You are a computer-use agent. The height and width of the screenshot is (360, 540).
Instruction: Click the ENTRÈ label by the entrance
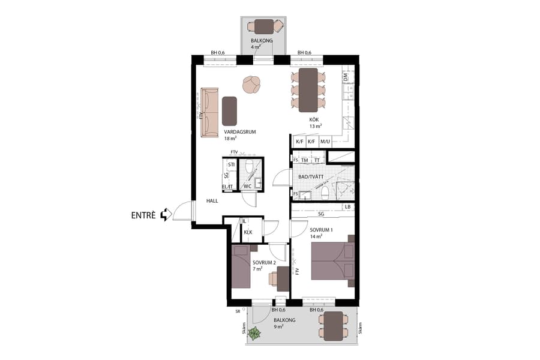coord(144,215)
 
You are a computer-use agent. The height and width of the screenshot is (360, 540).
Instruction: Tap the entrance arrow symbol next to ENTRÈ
coord(167,214)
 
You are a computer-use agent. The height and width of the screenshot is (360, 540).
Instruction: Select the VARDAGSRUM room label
coord(236,131)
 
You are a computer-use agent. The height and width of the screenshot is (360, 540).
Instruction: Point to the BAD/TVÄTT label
coord(311,177)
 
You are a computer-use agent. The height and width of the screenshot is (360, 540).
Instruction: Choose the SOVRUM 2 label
coord(264,263)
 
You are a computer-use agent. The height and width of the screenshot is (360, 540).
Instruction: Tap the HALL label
coord(212,201)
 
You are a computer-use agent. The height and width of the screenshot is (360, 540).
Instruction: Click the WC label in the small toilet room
coord(247,186)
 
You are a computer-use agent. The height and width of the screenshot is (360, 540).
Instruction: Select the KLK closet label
coord(248,232)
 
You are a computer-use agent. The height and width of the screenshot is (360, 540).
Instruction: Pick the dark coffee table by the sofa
coord(229,110)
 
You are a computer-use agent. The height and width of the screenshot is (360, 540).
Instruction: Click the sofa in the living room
coord(209,112)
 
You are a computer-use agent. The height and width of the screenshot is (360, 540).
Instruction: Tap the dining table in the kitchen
coord(308,90)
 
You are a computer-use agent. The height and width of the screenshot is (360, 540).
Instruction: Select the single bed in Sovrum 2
coord(241,269)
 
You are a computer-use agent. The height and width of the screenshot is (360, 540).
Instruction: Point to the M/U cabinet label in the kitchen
coord(325,142)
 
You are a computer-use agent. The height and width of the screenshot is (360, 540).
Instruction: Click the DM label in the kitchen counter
coord(345,77)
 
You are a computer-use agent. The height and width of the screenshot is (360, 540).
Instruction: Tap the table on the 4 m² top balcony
coord(263,26)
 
